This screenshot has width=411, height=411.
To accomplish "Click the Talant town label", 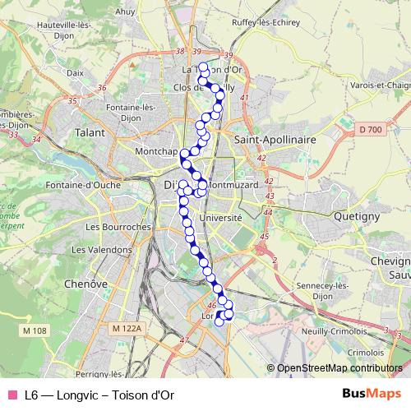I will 90,132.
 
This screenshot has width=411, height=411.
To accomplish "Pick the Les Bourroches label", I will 118,226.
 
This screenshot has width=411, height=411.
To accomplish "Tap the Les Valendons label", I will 102,249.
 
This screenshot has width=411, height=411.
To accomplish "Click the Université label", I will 221,218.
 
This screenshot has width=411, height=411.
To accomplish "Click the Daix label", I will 76,72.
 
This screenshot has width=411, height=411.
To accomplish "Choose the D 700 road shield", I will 371,130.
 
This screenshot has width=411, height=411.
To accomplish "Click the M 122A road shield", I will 127,328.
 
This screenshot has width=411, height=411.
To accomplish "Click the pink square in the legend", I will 11,395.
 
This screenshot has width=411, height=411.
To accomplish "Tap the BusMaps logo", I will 366,394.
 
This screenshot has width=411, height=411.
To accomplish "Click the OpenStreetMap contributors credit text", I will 339,368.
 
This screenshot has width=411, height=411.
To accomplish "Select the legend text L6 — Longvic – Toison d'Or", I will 99,395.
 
